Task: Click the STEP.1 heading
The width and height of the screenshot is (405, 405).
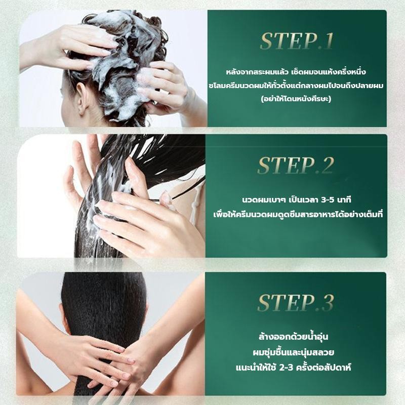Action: coord(297,41)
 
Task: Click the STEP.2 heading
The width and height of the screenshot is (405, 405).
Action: coord(296,166)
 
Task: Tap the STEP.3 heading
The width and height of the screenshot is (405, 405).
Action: coord(296,302)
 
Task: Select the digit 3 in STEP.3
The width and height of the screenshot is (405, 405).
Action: coord(328,302)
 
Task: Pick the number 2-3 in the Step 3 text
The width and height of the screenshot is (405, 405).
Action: coord(286,368)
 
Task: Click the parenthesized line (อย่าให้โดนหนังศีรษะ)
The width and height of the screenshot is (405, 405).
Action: coord(296,98)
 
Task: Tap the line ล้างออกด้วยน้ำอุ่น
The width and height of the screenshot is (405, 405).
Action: coord(294,336)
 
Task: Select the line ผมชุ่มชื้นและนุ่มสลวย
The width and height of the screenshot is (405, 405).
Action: coord(294,352)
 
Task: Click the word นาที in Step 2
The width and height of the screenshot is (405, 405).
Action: coord(345,200)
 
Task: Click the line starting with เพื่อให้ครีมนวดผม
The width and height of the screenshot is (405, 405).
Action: coord(298,214)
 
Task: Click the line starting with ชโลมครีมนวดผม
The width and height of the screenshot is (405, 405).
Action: coord(296,85)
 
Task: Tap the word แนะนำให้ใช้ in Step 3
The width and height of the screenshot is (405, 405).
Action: coord(256,367)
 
